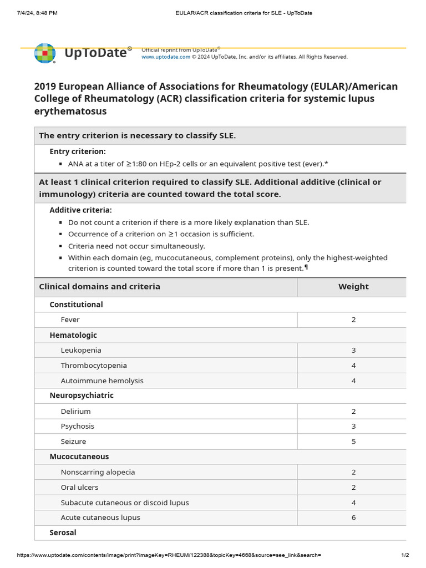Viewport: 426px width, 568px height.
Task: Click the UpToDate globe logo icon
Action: tap(45, 54)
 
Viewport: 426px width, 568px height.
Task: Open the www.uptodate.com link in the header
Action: tap(166, 57)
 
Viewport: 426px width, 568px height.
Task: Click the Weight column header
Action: tap(353, 287)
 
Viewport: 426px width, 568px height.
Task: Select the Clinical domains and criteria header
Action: tap(99, 287)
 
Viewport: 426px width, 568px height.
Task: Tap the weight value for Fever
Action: tap(353, 320)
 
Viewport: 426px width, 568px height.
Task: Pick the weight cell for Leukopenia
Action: tap(353, 351)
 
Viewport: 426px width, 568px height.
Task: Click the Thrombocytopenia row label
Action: tap(94, 366)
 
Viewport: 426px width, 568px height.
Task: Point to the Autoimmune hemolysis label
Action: tap(102, 381)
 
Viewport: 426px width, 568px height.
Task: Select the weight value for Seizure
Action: tap(353, 442)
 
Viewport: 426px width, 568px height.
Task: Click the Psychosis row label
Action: tap(78, 427)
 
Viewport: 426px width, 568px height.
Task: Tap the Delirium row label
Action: tap(75, 412)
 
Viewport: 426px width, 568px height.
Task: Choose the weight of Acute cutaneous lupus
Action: tap(353, 518)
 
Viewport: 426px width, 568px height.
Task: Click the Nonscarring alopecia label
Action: tap(98, 473)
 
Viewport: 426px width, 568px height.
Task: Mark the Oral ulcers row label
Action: tap(79, 488)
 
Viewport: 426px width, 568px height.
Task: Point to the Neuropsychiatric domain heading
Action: tap(82, 396)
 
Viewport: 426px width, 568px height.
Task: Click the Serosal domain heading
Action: tap(63, 532)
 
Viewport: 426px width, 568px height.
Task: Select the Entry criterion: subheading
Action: tap(78, 151)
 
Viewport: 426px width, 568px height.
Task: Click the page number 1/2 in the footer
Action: tap(405, 555)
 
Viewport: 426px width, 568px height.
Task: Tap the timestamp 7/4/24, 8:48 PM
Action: tap(37, 13)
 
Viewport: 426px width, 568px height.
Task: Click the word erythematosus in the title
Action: tap(70, 111)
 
